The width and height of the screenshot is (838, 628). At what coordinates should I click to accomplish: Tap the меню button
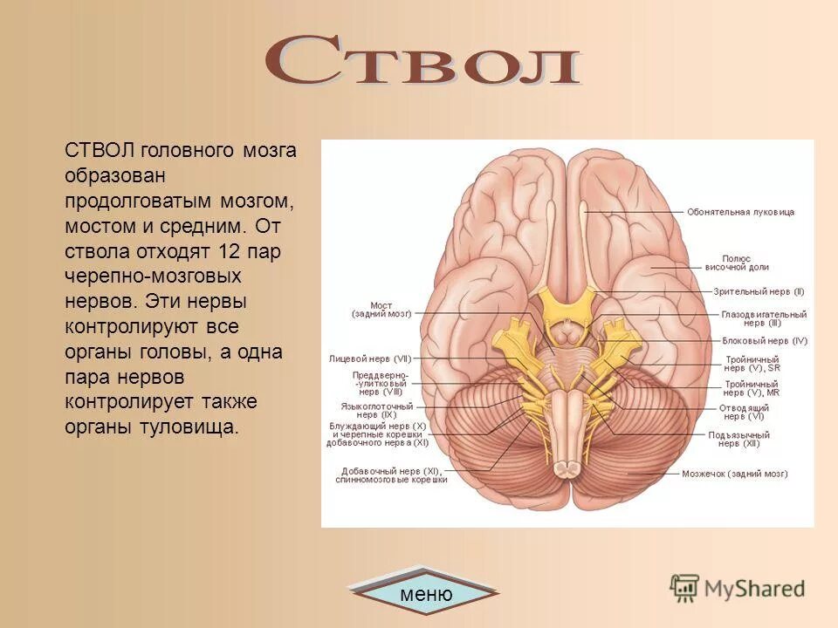[x=426, y=595]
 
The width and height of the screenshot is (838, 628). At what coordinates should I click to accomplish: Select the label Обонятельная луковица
[x=740, y=212]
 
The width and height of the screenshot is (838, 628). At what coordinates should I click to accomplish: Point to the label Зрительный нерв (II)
[x=759, y=291]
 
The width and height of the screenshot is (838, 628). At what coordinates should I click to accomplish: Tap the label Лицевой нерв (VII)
[x=369, y=358]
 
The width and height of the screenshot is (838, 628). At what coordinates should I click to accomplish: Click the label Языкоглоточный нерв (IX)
[x=376, y=410]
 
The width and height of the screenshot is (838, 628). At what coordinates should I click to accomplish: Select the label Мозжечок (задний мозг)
[x=734, y=474]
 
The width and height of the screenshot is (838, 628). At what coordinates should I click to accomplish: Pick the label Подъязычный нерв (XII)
[x=738, y=439]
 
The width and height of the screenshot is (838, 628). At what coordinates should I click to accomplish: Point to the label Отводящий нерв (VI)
[x=744, y=412]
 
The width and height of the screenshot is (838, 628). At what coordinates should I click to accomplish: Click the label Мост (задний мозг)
[x=381, y=310]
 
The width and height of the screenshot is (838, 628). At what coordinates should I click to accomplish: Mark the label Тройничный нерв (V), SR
[x=752, y=363]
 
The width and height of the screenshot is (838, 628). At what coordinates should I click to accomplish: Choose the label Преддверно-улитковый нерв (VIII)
[x=380, y=380]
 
